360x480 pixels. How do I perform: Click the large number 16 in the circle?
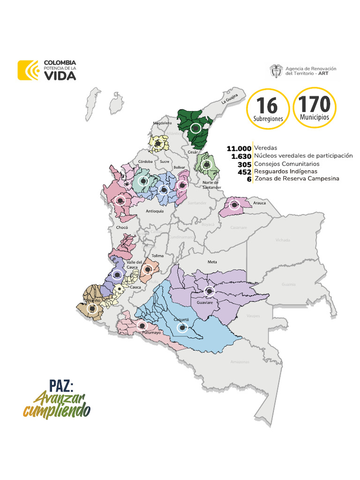point(267,105)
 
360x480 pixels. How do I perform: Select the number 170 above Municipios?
point(314,104)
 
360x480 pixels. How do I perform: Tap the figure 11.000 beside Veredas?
point(239,148)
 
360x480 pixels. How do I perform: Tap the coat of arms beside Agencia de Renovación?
point(276,71)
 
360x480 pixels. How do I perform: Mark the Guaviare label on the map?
point(205,303)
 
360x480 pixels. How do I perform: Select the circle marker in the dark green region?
point(196,127)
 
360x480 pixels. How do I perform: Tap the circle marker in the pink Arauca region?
point(233,205)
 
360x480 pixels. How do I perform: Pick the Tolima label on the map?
point(157,256)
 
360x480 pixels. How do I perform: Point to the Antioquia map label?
point(155,211)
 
